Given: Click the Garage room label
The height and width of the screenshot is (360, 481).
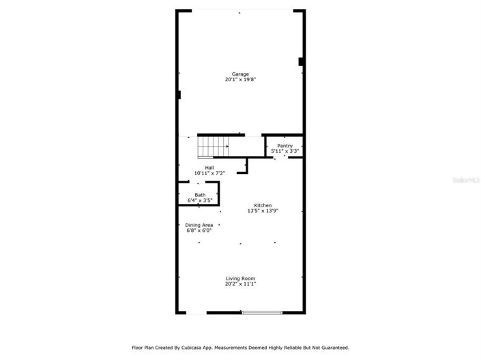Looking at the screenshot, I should (240, 74).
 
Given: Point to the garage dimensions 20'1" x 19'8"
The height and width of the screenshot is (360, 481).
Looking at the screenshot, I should (240, 80).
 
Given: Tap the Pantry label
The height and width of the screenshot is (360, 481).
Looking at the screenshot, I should (285, 145).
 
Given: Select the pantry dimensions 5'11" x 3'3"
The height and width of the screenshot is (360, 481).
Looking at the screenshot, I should (285, 151).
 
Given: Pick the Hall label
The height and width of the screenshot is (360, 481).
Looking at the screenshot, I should (209, 167).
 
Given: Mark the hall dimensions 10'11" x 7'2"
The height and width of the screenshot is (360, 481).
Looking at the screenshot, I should (209, 173).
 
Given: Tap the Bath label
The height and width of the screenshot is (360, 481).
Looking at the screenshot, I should (199, 195).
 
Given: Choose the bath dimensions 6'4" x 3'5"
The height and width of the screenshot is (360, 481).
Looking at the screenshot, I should (199, 200).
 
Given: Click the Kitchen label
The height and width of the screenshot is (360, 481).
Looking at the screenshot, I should (263, 205).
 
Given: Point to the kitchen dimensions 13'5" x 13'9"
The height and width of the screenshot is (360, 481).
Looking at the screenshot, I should (263, 211).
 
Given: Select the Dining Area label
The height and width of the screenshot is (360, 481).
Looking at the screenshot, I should (199, 225).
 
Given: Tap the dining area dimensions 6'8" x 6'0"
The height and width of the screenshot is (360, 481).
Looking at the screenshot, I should (199, 230).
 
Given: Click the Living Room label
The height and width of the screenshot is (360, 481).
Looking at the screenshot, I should (240, 278).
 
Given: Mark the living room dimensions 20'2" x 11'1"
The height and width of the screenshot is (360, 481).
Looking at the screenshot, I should (240, 284).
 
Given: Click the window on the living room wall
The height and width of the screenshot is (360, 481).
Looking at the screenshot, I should (262, 313).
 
